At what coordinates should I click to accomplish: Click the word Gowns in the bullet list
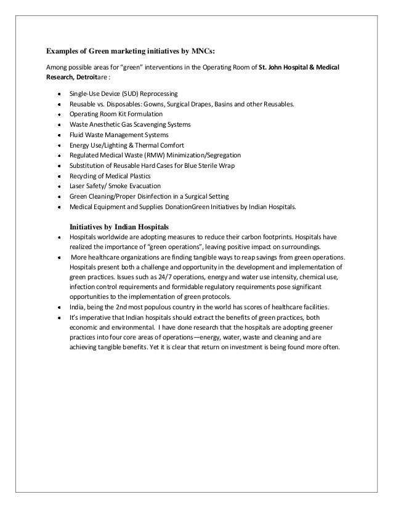point(161,105)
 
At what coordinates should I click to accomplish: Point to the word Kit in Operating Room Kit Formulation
point(122,114)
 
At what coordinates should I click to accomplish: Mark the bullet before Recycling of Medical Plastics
point(57,176)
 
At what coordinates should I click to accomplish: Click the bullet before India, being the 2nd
point(57,308)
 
